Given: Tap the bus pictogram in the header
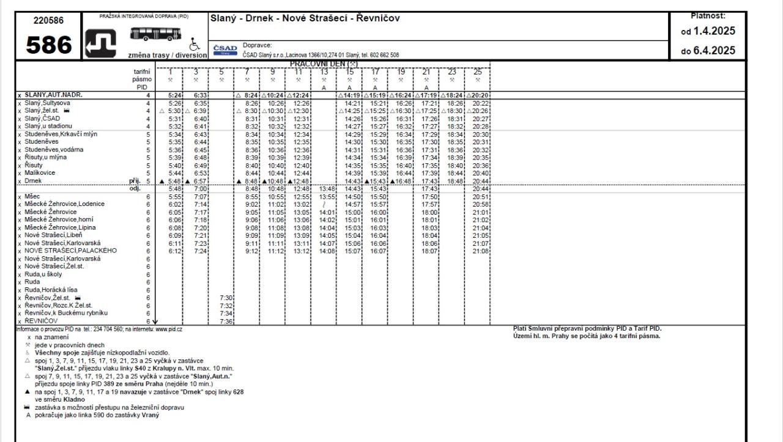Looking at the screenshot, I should [153, 34].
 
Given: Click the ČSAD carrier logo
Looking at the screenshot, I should [225, 50].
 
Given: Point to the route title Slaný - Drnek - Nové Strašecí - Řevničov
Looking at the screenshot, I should [305, 18].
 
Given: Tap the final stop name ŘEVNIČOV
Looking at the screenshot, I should [42, 320].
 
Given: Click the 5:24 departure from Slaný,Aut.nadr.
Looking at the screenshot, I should [174, 95].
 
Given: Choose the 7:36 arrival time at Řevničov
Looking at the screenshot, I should [226, 321].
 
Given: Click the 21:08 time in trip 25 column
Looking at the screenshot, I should [480, 251].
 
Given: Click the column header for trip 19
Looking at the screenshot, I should [401, 72].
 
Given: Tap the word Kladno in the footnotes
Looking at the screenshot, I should [73, 399].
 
